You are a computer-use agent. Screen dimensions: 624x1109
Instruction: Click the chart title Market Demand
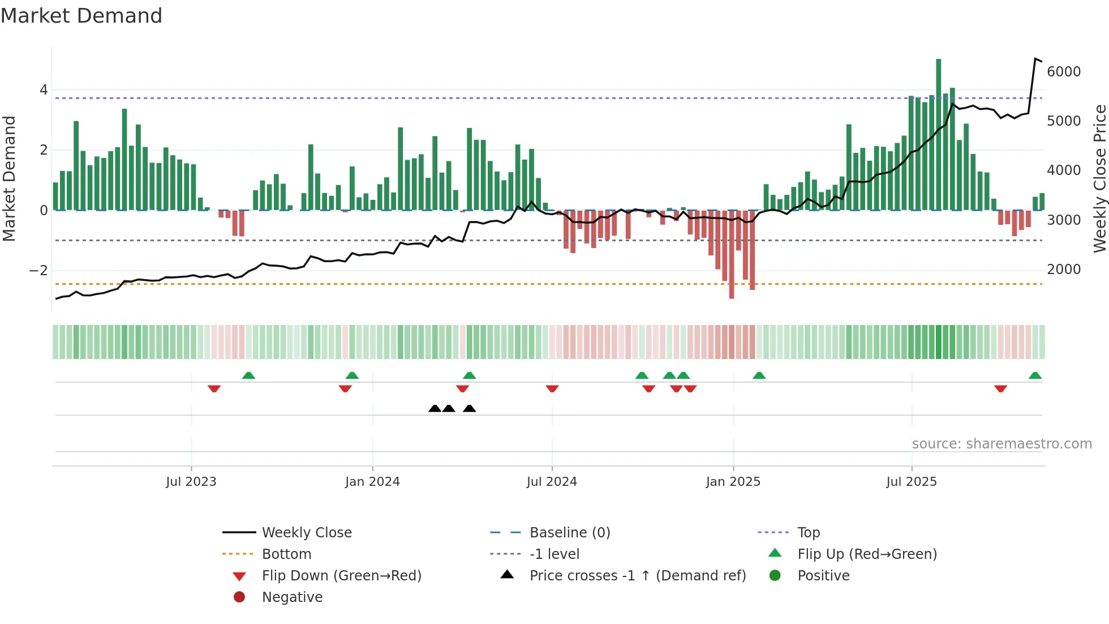click(x=81, y=16)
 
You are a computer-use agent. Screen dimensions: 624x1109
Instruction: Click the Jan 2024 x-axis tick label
click(x=372, y=481)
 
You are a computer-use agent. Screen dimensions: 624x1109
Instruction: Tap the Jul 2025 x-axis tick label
click(x=911, y=481)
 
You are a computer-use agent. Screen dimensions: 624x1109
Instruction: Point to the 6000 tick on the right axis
click(x=1063, y=71)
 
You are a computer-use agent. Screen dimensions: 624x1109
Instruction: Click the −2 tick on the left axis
click(x=38, y=271)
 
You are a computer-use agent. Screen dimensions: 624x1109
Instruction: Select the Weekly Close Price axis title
click(x=1099, y=178)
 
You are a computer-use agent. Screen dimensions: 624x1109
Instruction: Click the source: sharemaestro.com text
click(x=1001, y=443)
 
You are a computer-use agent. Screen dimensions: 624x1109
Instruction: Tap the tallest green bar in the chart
click(x=939, y=136)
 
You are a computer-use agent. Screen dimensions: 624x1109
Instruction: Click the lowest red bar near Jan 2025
click(x=732, y=255)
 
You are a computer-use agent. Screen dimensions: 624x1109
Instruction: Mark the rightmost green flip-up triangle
click(x=1035, y=375)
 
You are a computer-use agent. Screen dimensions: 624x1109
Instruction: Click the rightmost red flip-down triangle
click(x=1000, y=388)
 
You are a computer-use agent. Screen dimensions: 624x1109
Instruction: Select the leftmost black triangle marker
click(x=435, y=408)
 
